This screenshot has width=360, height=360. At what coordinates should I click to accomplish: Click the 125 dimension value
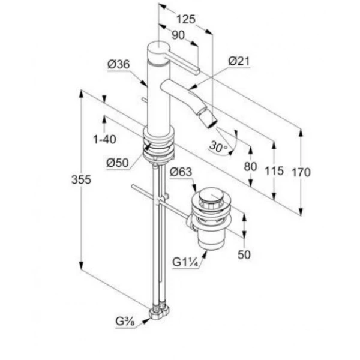click(x=186, y=19)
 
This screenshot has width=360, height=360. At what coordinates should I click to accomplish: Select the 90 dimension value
click(x=178, y=35)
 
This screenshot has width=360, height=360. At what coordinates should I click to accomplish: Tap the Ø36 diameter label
click(x=119, y=64)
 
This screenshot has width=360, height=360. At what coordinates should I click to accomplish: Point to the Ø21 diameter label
click(x=239, y=61)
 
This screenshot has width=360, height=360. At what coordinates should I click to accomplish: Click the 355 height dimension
click(x=81, y=179)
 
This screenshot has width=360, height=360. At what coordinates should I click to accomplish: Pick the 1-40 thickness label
click(x=104, y=139)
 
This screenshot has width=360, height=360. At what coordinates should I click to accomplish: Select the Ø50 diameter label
click(x=118, y=163)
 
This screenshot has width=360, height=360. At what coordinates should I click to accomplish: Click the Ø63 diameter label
click(x=181, y=172)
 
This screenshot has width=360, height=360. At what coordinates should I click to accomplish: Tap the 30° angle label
click(x=218, y=146)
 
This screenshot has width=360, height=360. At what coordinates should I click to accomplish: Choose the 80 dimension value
click(x=250, y=166)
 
